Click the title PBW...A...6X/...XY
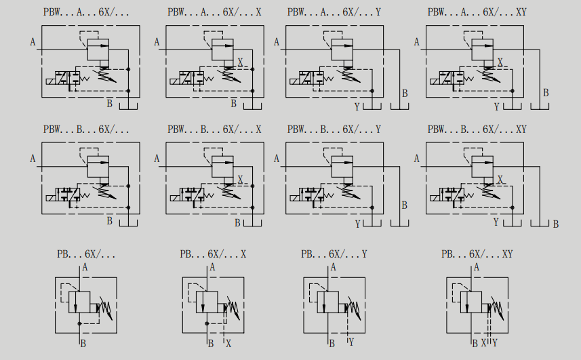click(x=477, y=12)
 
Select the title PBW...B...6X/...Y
click(x=334, y=129)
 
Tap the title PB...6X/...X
click(x=213, y=254)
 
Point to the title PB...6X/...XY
click(x=477, y=254)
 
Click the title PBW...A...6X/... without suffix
click(x=79, y=12)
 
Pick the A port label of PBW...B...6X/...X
click(x=157, y=159)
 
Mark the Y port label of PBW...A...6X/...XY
click(x=496, y=107)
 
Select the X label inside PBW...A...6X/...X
click(x=240, y=62)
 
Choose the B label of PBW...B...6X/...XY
click(x=555, y=224)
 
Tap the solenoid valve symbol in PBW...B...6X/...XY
click(x=447, y=197)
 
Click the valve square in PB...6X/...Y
click(x=330, y=302)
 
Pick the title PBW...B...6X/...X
click(x=214, y=129)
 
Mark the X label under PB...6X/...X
click(x=228, y=343)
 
